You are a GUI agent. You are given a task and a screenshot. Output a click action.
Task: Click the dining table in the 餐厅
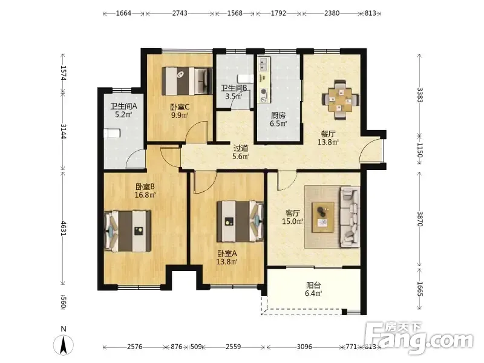(341, 100)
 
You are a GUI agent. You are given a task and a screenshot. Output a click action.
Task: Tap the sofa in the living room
(350, 217)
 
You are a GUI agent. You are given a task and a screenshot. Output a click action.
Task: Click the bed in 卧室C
(187, 81)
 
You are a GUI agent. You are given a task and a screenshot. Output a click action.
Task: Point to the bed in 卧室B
(128, 231)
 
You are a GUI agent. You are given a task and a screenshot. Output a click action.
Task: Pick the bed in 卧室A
(240, 221)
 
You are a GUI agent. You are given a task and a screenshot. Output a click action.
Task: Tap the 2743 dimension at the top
(180, 13)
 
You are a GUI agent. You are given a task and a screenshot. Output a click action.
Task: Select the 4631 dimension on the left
(64, 228)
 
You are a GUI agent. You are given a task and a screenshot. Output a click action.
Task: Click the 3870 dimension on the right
(419, 218)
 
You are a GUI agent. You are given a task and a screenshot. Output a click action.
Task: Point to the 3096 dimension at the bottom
(304, 347)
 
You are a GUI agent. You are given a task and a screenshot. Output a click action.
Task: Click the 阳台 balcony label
(313, 285)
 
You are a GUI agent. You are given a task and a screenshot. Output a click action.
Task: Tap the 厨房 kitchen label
(278, 116)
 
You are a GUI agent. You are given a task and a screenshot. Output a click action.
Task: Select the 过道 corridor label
(241, 148)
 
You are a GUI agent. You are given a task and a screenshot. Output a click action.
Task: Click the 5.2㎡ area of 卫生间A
(123, 114)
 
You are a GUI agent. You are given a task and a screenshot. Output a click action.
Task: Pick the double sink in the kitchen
(263, 64)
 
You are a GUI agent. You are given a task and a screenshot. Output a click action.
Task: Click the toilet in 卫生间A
(112, 133)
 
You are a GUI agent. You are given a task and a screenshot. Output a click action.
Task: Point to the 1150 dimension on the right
(419, 149)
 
